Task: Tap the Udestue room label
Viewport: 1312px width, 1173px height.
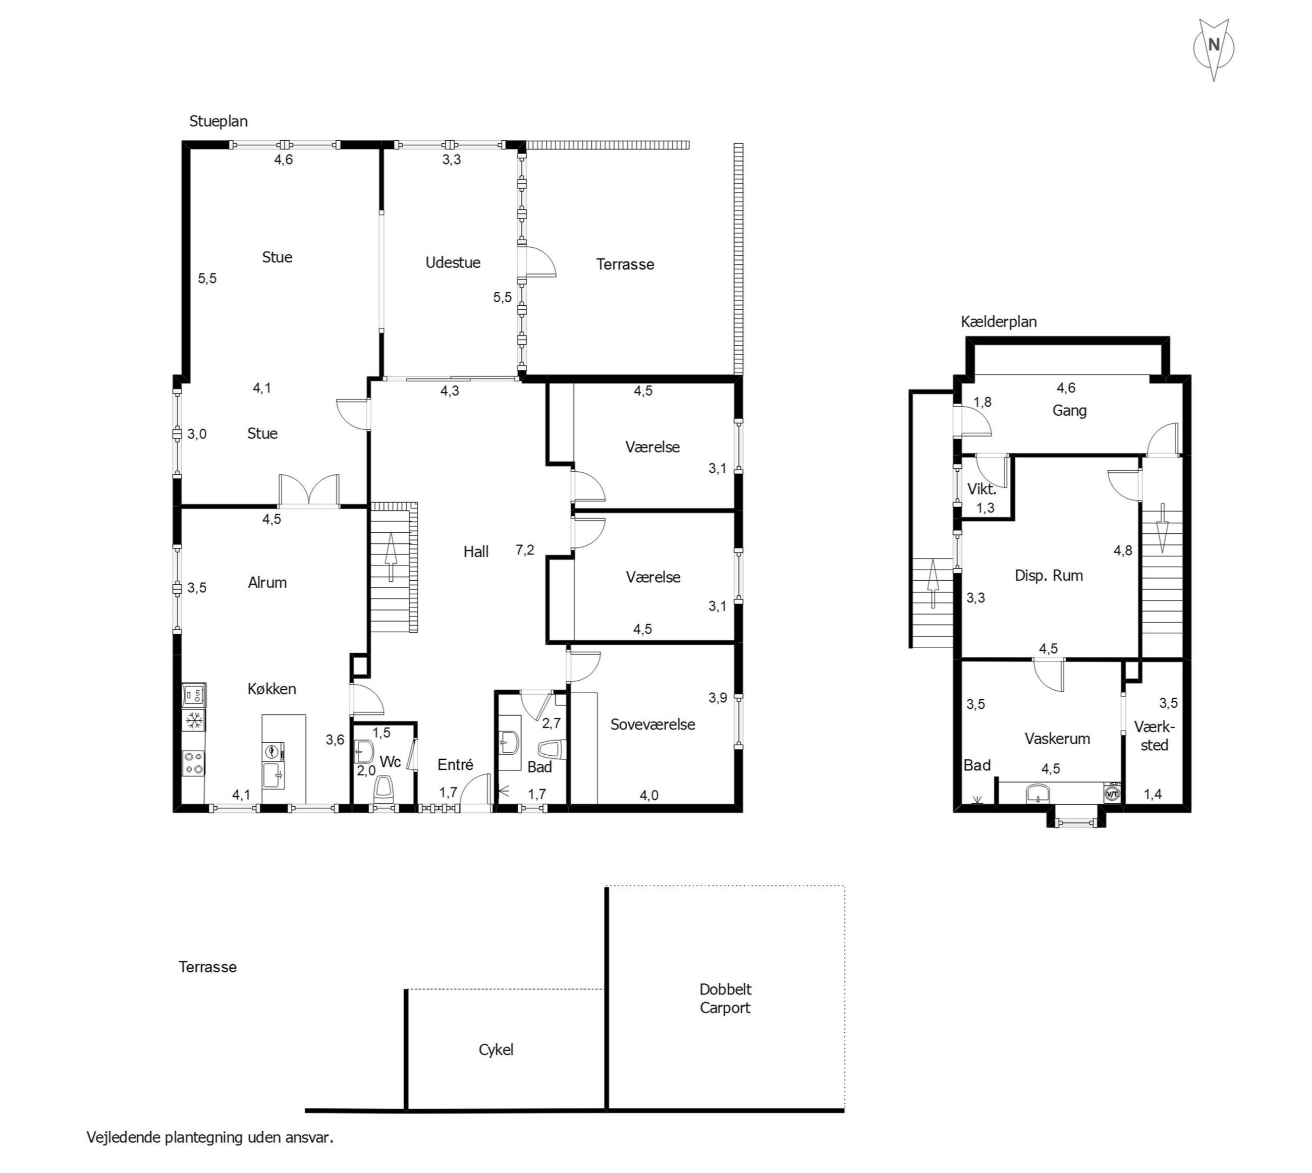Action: point(453,262)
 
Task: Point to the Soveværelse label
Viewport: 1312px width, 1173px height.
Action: point(652,724)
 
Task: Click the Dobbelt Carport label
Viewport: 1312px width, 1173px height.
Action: point(725,998)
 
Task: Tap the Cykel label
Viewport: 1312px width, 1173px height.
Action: point(496,1050)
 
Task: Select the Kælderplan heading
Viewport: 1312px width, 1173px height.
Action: point(999,321)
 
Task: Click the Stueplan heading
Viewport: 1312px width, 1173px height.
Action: point(218,121)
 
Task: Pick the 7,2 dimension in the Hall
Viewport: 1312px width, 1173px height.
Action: point(525,550)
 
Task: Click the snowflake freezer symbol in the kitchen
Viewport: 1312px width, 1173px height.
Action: point(193,720)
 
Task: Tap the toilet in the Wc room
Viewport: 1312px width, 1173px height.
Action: point(384,790)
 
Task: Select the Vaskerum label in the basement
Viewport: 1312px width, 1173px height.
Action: point(1057,739)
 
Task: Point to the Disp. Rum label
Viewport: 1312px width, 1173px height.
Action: point(1049,575)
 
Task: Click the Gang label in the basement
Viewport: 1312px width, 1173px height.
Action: point(1070,411)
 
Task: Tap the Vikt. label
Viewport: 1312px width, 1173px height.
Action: point(981,489)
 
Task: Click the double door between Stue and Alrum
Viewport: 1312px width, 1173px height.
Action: point(309,491)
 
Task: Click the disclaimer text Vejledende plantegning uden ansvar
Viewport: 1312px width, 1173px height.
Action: point(210,1137)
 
